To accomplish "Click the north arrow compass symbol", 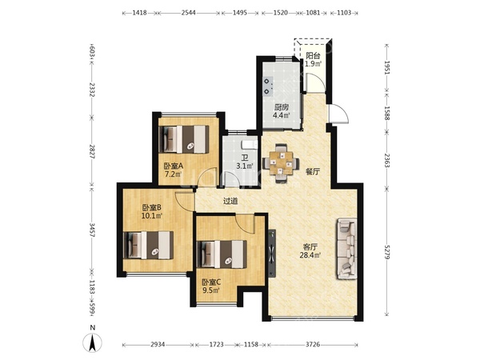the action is point(93,342).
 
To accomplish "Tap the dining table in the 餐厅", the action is point(281,163).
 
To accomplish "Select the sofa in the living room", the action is point(347,248).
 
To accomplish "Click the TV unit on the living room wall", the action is point(271,253).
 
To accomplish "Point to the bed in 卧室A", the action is point(186,139).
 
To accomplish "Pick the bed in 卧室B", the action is point(149,246).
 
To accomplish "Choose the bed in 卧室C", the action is point(222,254).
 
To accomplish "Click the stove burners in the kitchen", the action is point(268,86).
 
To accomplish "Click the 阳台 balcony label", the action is point(313,56).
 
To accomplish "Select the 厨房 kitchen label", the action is point(282,107).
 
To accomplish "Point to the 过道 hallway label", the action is point(230,201).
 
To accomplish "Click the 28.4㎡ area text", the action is point(310,254).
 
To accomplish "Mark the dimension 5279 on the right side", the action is point(387,252).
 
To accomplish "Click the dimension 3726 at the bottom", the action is point(313,345).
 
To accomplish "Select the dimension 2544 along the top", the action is point(189,13).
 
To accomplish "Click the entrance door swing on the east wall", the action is point(339,114).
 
